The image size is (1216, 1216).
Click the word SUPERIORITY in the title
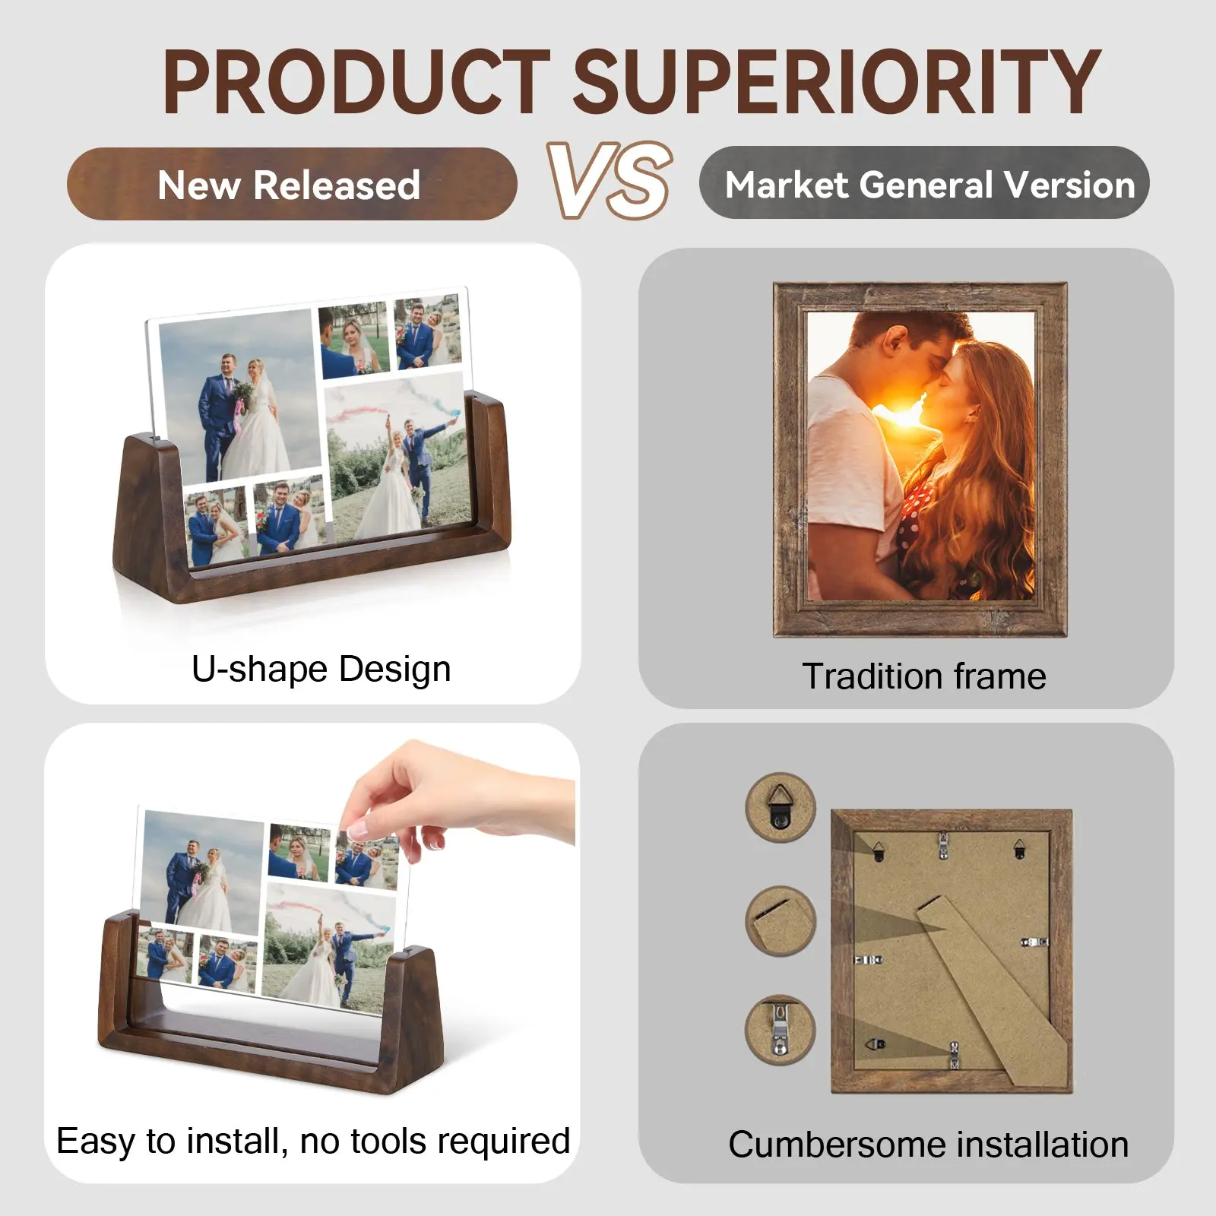coord(835,82)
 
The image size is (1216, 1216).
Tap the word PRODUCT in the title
coord(356,82)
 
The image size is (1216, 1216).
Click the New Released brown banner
coord(292,185)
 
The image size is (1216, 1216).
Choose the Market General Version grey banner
coord(924,183)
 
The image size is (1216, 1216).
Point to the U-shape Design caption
coord(321,670)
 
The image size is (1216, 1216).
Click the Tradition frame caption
coord(924,676)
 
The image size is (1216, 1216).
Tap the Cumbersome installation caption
coord(928,1145)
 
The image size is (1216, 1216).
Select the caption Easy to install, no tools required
coord(313,1142)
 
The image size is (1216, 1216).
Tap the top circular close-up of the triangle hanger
coord(781,808)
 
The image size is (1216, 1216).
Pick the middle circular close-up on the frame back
coord(781,920)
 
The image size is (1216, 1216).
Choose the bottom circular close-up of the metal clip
coord(781,1031)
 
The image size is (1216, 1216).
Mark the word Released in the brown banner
coord(337,185)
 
